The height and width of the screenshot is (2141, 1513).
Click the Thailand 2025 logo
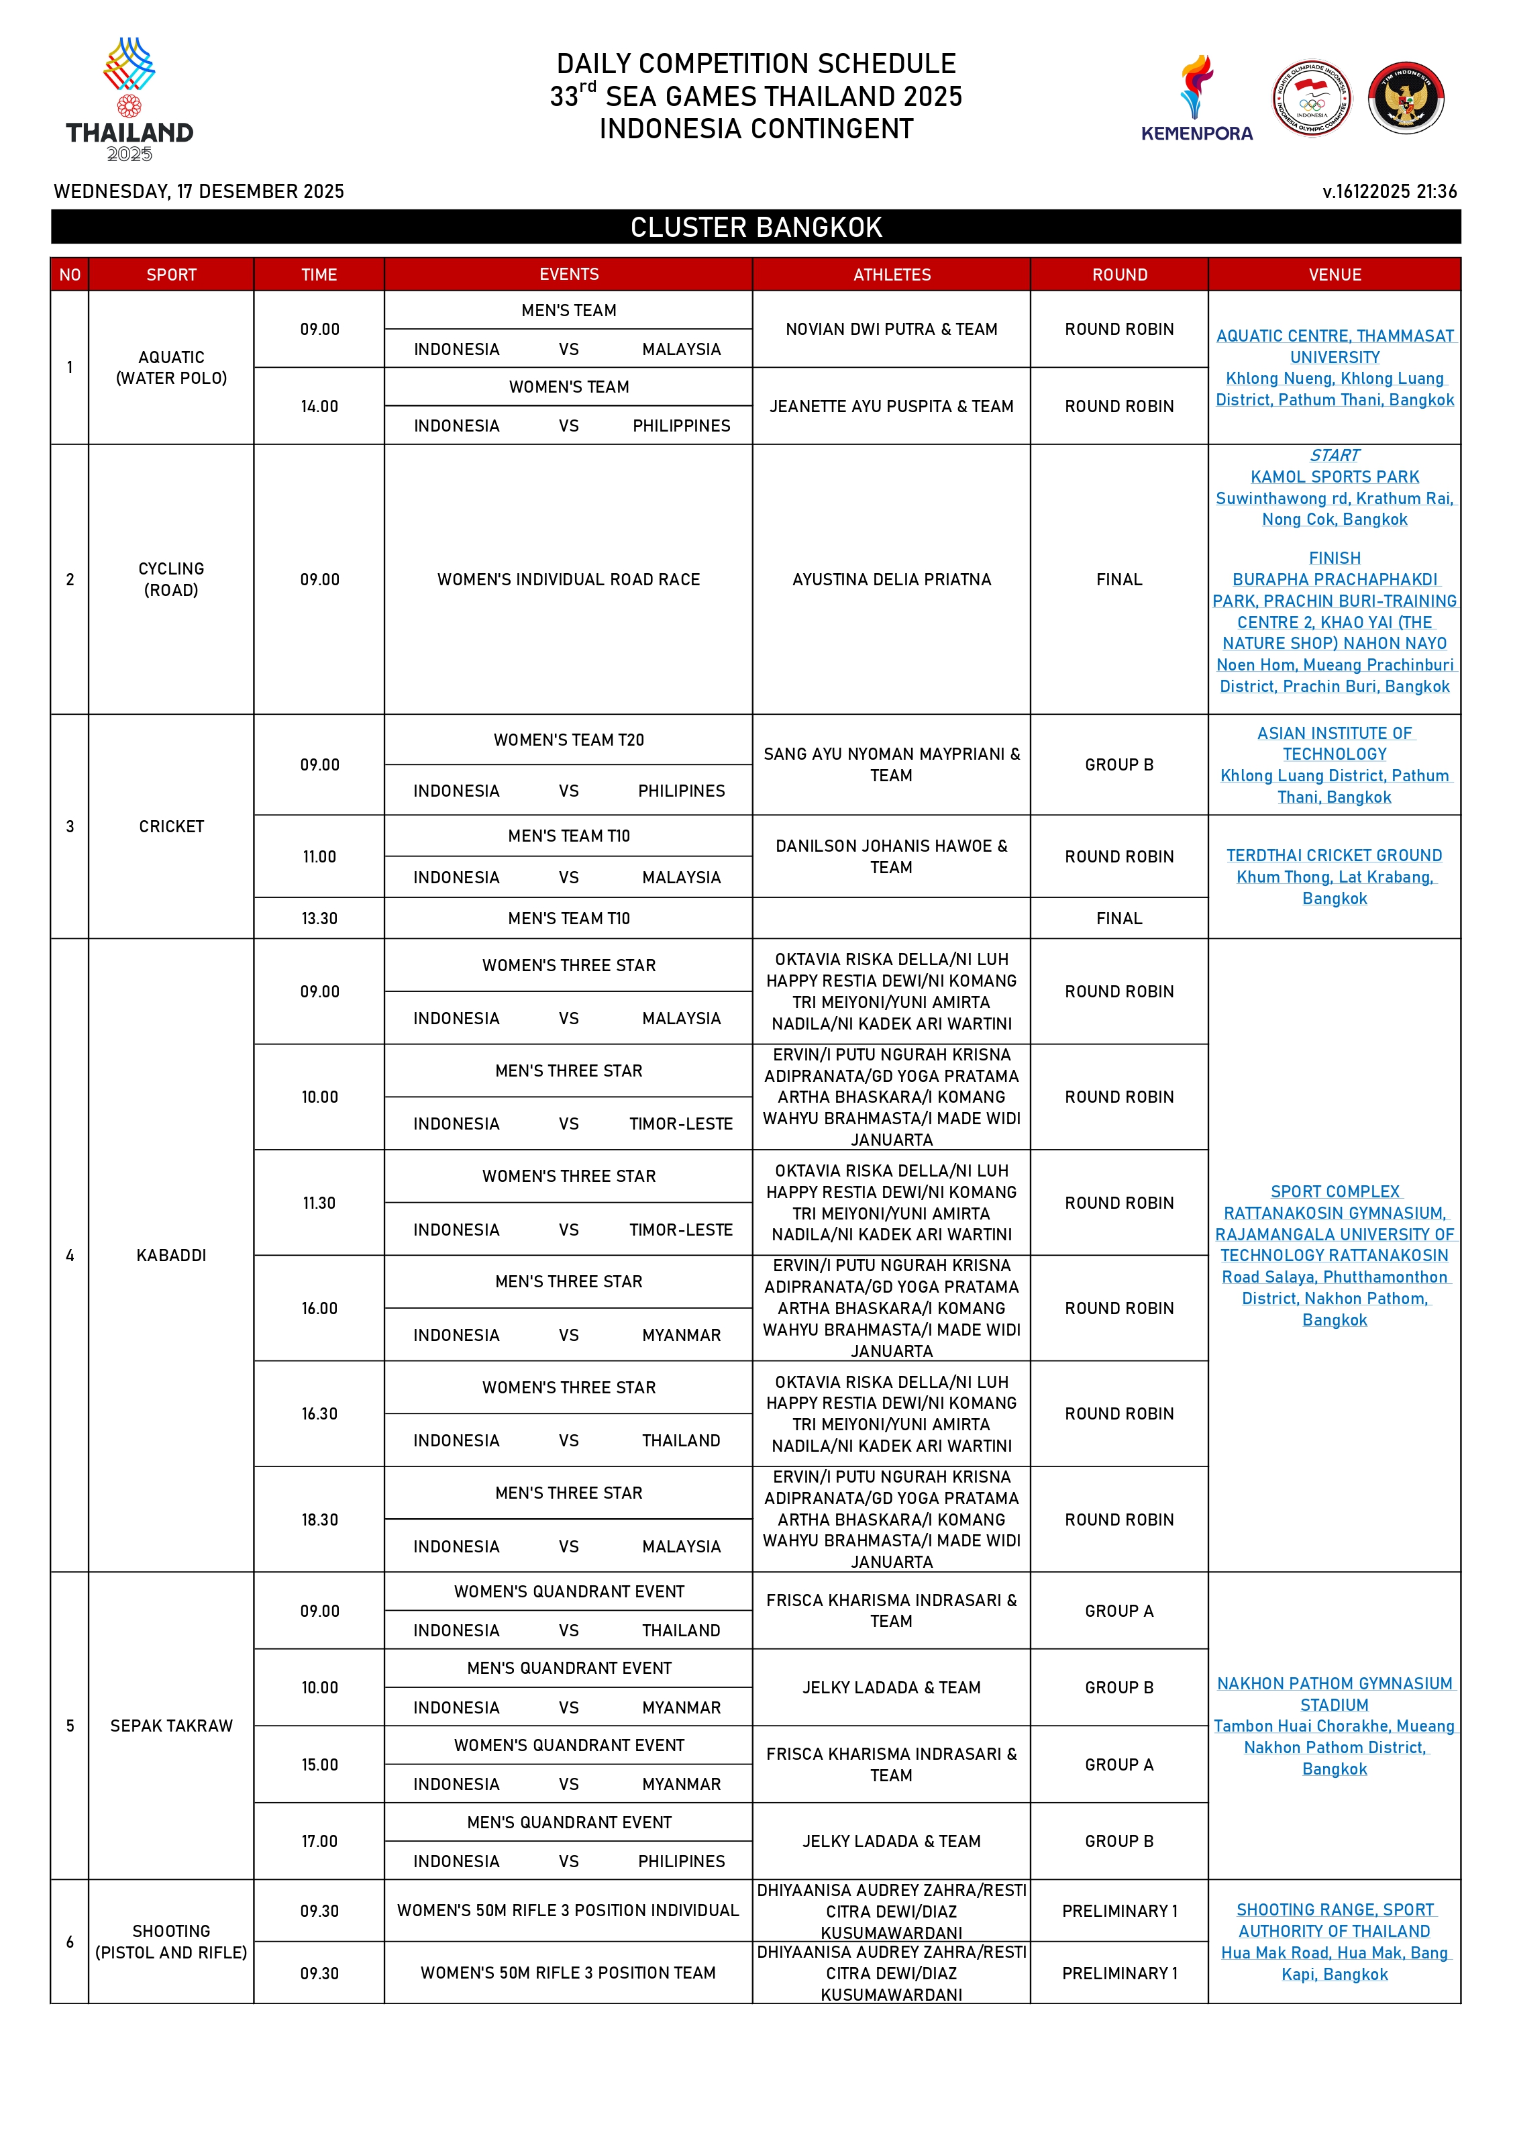pyautogui.click(x=129, y=100)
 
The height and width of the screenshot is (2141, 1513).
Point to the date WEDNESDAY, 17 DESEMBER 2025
pyautogui.click(x=199, y=191)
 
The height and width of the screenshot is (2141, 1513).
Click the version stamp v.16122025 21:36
pyautogui.click(x=1389, y=191)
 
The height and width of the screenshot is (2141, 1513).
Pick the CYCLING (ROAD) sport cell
pyautogui.click(x=172, y=579)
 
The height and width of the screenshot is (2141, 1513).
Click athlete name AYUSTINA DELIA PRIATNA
pyautogui.click(x=891, y=579)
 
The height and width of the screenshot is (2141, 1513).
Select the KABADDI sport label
pyautogui.click(x=172, y=1255)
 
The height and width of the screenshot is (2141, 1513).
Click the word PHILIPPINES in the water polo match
pyautogui.click(x=682, y=426)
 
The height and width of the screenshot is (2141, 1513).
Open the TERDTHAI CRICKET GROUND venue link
pyautogui.click(x=1334, y=855)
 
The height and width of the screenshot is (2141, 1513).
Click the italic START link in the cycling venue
pyautogui.click(x=1334, y=455)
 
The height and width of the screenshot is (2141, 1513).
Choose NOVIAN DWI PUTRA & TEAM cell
pyautogui.click(x=891, y=329)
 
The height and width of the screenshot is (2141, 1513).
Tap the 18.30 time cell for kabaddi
pyautogui.click(x=319, y=1519)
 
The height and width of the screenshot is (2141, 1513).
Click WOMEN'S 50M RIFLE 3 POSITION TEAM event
pyautogui.click(x=568, y=1973)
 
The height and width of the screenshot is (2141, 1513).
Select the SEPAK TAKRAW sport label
pyautogui.click(x=172, y=1725)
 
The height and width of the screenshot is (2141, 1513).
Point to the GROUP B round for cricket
pyautogui.click(x=1118, y=764)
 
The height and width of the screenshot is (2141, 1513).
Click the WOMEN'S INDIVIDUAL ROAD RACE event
pyautogui.click(x=568, y=579)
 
